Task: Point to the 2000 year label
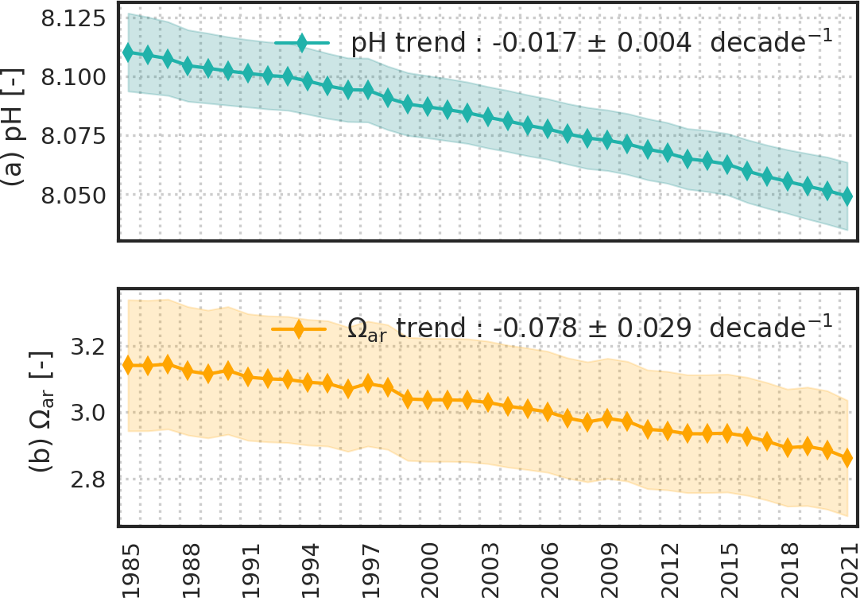428,565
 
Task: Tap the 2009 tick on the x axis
608,565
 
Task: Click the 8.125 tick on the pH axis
72,18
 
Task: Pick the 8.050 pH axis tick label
72,196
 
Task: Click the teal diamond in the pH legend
301,44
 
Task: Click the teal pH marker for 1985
129,52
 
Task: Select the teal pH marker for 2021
847,196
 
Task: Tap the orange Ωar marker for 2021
847,458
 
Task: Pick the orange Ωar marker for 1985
129,365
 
